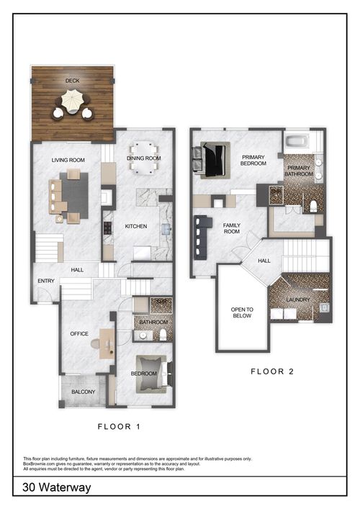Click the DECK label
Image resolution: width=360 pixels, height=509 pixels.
[x=72, y=81]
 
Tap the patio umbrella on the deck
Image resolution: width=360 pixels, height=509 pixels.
[x=72, y=103]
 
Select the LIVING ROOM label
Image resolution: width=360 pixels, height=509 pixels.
[x=68, y=160]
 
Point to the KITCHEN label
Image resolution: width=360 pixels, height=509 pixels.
[x=135, y=226]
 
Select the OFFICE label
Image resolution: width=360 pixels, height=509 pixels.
[x=78, y=334]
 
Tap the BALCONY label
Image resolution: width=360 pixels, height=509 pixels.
[x=83, y=392]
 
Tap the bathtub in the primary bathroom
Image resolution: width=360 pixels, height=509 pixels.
[x=297, y=141]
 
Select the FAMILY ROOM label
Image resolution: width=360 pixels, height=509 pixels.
[x=231, y=228]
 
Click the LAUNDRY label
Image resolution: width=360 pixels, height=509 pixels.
[x=297, y=299]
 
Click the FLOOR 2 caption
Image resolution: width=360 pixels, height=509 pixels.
[x=271, y=372]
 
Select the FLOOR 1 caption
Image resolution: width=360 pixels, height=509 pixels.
[x=119, y=427]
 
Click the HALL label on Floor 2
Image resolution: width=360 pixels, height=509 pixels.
[x=264, y=261]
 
